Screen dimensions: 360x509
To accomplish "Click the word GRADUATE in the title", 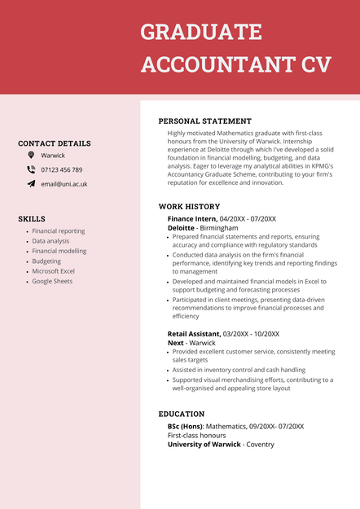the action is coord(201,33).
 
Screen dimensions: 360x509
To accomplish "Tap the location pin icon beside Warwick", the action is coord(31,155).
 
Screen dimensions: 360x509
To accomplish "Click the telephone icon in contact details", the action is coord(31,169).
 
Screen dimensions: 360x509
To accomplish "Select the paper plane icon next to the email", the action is coord(31,184).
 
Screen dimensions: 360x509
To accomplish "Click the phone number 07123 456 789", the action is coord(62,170).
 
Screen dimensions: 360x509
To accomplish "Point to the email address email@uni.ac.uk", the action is coord(64,184).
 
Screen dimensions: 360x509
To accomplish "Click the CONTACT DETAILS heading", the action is coord(55,143).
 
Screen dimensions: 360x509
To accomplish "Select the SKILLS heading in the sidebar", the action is coord(32,219).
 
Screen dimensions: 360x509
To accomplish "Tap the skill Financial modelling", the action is coord(59,251).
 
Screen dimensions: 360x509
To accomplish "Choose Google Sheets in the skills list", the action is coord(52,281).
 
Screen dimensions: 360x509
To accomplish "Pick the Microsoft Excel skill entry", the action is coord(54,271).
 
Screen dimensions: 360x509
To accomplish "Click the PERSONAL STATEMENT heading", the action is coord(204,121).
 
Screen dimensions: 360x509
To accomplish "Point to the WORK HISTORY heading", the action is coord(189,207).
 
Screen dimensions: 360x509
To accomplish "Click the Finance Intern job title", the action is coord(192,219).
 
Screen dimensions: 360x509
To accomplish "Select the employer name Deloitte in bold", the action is coord(181,229).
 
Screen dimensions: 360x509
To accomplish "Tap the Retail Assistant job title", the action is coord(194,334).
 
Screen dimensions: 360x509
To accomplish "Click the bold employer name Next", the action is coord(176,343).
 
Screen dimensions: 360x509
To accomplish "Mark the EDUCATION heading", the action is coord(182,414).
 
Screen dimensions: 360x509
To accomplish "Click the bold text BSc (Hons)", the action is coord(185,426).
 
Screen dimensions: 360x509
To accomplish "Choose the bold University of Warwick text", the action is coord(204,445).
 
